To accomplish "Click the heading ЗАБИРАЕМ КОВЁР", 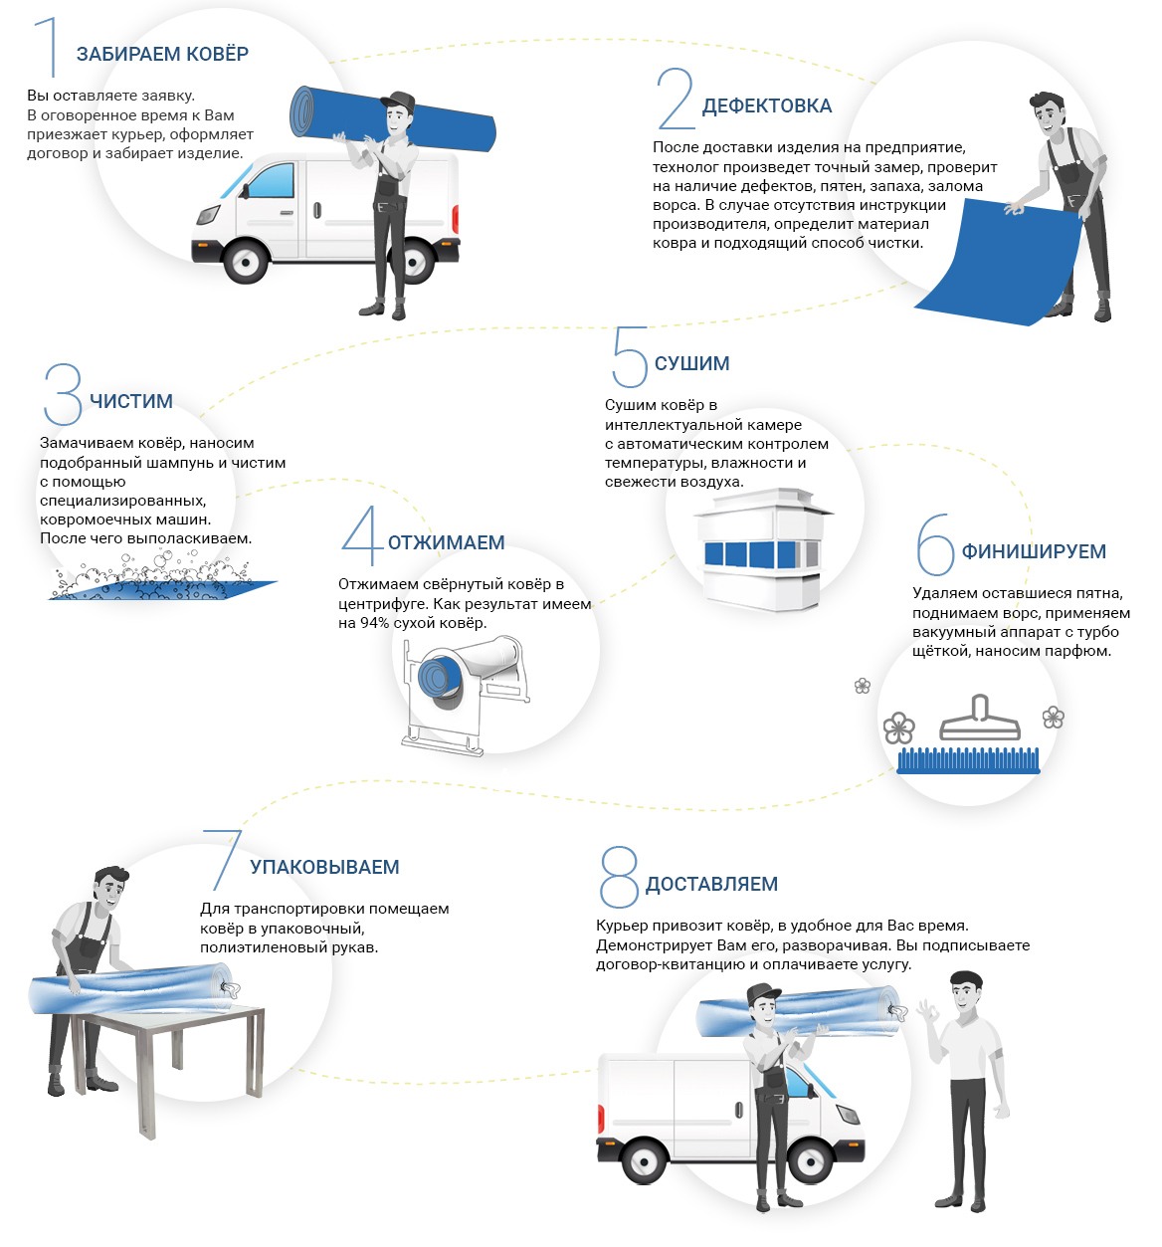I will coord(162,55).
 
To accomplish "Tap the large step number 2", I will coord(676,100).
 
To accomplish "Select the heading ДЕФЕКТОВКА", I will coord(766,106).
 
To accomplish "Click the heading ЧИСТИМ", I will coord(131,401).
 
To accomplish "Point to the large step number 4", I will coord(360,535).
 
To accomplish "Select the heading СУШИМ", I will coord(691,363).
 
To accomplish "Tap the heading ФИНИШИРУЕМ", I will coord(1033,551).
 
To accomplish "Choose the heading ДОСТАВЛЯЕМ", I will coord(711,884).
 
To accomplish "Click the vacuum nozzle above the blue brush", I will coord(980,719).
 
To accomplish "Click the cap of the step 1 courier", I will coord(399,101).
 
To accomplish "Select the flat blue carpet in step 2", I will coord(995,264).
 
